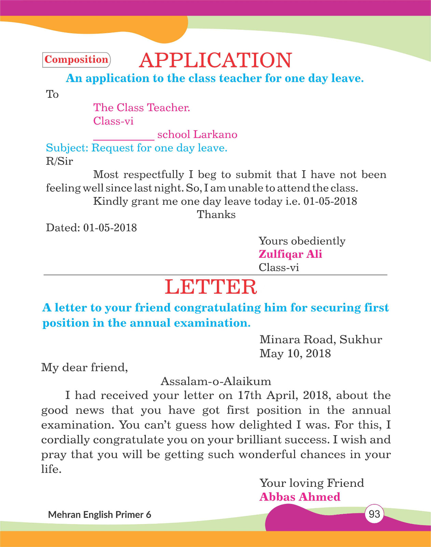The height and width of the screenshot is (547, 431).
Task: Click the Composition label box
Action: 76,60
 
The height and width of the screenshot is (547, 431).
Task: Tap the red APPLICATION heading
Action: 215,60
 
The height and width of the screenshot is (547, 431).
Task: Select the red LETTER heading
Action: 211,287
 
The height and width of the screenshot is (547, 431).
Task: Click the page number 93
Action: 374,514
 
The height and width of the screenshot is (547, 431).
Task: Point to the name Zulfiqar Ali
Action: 290,254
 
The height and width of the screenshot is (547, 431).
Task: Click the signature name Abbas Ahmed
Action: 300,497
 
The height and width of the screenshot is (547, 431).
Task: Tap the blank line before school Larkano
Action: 124,137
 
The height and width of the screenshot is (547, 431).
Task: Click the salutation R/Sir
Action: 59,161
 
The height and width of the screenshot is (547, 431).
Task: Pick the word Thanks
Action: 216,215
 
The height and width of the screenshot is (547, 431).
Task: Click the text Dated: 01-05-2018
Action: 92,228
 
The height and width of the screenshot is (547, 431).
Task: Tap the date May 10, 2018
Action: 295,353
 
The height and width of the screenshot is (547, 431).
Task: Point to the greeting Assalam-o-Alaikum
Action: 216,381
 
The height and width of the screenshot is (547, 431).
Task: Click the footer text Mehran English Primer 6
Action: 99,515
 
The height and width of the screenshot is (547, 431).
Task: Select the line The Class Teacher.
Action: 142,108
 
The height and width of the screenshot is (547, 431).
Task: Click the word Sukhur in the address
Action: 361,339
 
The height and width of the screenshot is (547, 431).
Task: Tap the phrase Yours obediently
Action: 302,241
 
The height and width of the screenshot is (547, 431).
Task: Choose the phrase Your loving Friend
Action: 311,483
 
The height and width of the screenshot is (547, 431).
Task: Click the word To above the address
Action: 52,94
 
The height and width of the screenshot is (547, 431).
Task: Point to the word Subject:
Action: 67,148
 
